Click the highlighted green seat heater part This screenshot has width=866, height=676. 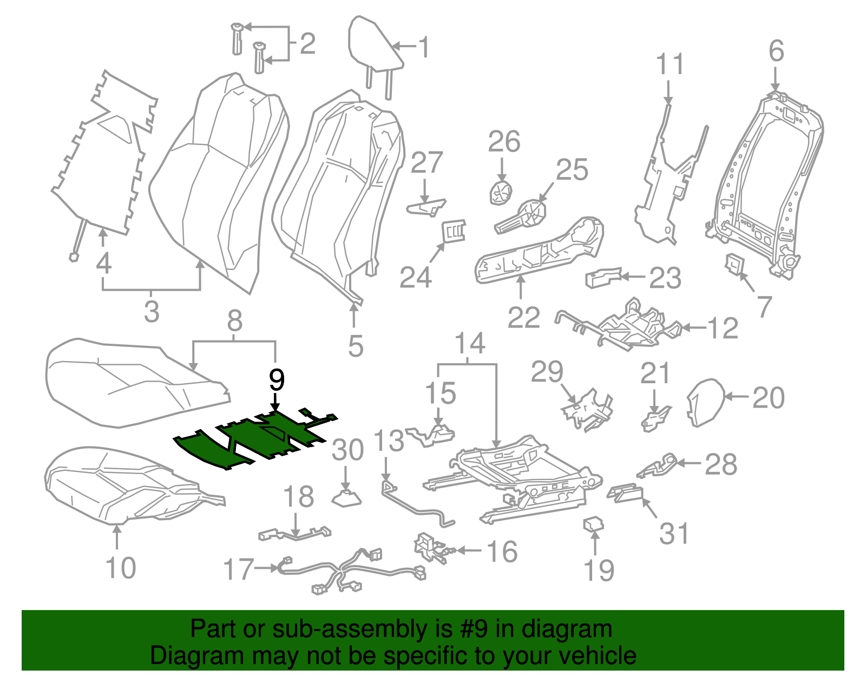254,438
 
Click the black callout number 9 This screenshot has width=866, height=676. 276,380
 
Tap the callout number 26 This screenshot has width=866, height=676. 504,142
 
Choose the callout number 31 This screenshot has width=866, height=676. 674,533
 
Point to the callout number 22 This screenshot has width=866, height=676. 523,317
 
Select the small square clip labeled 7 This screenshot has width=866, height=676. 734,265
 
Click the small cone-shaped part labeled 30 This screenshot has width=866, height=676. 346,497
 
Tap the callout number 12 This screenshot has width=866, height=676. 723,328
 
